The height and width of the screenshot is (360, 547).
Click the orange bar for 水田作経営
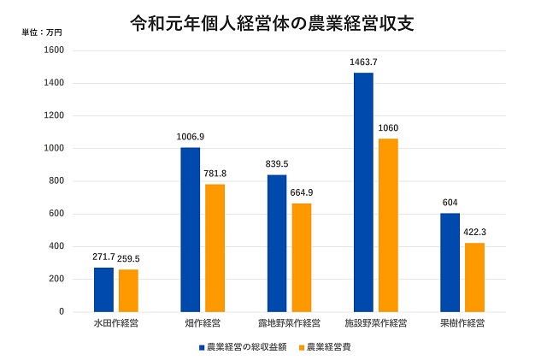128,291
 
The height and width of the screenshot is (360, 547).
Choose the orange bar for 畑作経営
215,248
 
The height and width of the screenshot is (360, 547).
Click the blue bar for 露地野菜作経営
277,243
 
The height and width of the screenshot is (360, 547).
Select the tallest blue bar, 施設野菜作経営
363,192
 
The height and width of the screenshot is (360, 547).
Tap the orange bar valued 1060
388,225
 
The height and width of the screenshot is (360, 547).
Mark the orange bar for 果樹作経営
474,277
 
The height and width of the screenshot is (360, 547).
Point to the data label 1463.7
363,62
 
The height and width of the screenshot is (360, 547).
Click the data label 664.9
302,192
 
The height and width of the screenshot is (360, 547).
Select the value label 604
450,203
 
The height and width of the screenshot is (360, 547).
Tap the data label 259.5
129,258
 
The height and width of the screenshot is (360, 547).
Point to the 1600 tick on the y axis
53,50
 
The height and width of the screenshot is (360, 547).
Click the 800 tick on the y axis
56,181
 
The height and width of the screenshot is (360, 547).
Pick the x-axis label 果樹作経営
462,324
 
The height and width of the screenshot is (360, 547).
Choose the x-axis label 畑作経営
203,324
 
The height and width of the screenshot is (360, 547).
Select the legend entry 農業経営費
326,347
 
